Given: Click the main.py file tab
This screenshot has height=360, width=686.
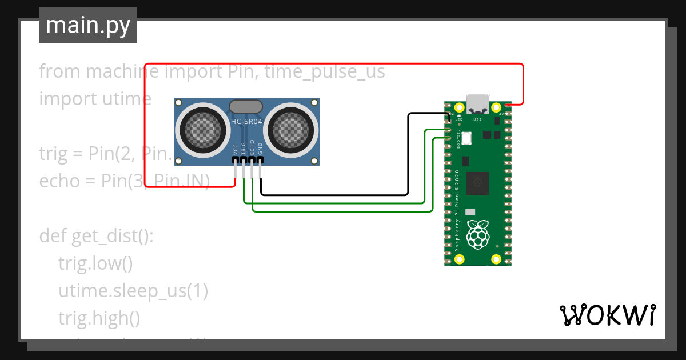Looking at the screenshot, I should (x=87, y=25).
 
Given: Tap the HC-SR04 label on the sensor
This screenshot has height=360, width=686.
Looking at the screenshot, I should (x=246, y=121).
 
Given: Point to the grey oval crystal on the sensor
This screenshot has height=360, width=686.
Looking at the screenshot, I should (x=246, y=106).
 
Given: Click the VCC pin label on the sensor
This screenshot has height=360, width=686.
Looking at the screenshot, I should (x=236, y=150).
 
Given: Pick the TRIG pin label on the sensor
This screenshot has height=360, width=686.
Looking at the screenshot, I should (x=244, y=149).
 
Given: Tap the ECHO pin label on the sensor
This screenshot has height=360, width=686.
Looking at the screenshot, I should (x=252, y=149).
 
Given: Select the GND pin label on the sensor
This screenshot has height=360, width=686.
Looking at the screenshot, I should (x=260, y=149).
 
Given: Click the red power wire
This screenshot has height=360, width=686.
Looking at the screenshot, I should (x=332, y=63).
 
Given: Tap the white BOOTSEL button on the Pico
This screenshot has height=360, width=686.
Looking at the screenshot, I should (x=466, y=138).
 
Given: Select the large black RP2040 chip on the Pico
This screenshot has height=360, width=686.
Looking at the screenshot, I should (x=477, y=183).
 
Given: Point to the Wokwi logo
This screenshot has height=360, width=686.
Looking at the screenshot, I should (x=607, y=315).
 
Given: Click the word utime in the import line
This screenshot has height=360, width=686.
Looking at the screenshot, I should (x=127, y=99).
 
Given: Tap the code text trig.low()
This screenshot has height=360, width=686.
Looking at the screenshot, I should (x=95, y=264).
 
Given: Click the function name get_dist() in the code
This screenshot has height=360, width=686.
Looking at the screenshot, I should (x=112, y=236).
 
